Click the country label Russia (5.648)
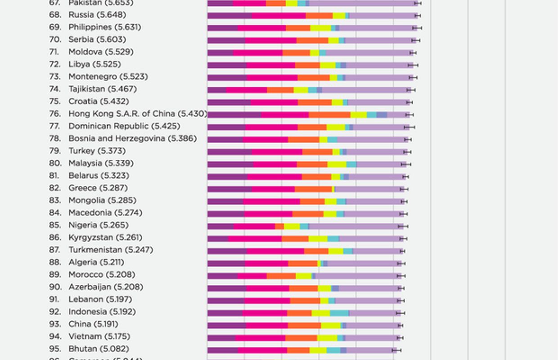click(x=97, y=15)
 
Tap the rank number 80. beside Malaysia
click(x=55, y=163)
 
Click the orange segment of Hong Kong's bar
click(x=329, y=115)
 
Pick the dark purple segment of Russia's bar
click(x=229, y=16)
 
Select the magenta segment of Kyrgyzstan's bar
click(x=255, y=238)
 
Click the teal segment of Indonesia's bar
click(x=339, y=313)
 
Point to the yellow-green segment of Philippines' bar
click(x=320, y=28)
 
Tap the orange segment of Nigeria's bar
click(x=279, y=226)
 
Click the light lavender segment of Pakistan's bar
click(x=362, y=4)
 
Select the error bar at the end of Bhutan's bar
click(x=396, y=350)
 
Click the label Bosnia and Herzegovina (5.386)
click(x=132, y=139)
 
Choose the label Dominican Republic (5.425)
click(x=124, y=126)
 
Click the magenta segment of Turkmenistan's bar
click(x=275, y=251)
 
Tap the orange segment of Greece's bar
click(x=313, y=189)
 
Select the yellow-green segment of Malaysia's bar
click(x=337, y=164)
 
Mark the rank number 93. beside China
click(x=55, y=324)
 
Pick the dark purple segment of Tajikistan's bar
click(x=217, y=90)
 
